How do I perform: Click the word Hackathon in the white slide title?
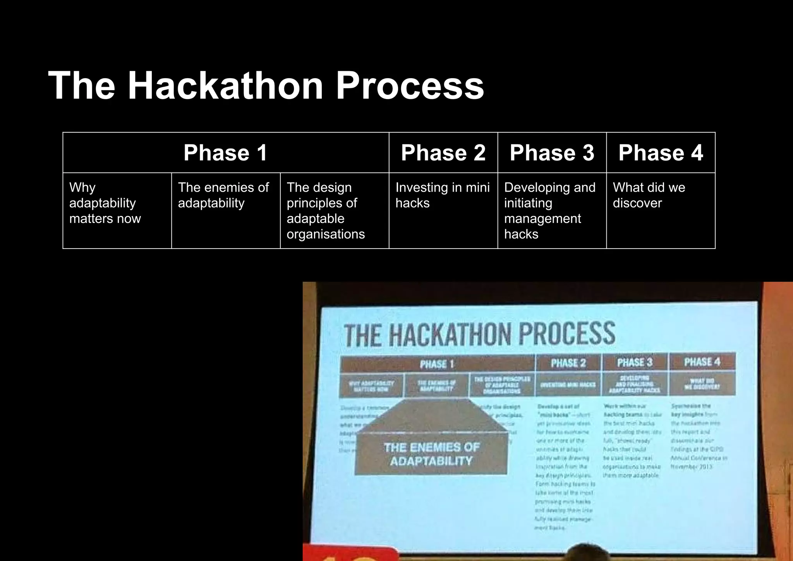tap(225, 86)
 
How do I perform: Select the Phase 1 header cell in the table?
tap(225, 153)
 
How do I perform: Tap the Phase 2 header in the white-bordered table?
tap(443, 153)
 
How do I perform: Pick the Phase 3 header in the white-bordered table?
tap(552, 153)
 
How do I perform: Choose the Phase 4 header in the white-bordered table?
tap(661, 153)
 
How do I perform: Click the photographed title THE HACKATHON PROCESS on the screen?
tap(479, 334)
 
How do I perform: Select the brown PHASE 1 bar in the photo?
tap(437, 364)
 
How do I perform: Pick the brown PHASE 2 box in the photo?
tap(568, 363)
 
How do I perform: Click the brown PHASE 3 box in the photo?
tap(635, 362)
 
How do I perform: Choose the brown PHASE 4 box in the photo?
tap(702, 362)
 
